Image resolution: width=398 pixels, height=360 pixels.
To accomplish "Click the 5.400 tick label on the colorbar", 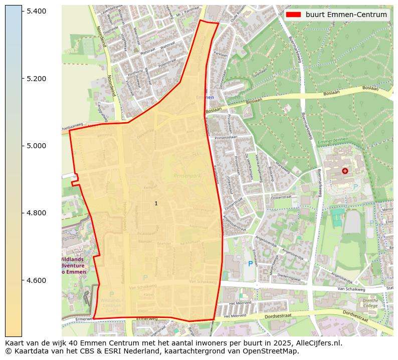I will click(36, 11).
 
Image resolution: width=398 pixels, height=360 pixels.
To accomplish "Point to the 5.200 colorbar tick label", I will click(36, 79).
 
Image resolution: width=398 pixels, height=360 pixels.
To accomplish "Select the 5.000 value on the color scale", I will click(36, 146).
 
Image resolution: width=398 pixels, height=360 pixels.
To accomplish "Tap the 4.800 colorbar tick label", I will click(36, 213).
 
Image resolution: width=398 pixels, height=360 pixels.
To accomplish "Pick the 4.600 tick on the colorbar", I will click(36, 280).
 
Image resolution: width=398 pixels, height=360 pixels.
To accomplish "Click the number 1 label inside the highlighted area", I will click(156, 203).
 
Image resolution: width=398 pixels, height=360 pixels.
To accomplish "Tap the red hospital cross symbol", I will click(345, 171).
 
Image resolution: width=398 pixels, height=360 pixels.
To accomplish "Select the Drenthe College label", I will click(371, 303).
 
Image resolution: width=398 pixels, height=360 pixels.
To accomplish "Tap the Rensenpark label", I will click(186, 176).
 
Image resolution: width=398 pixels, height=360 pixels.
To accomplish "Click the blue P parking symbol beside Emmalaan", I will click(251, 263).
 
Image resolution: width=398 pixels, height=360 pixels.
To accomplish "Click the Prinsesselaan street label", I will click(225, 137).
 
